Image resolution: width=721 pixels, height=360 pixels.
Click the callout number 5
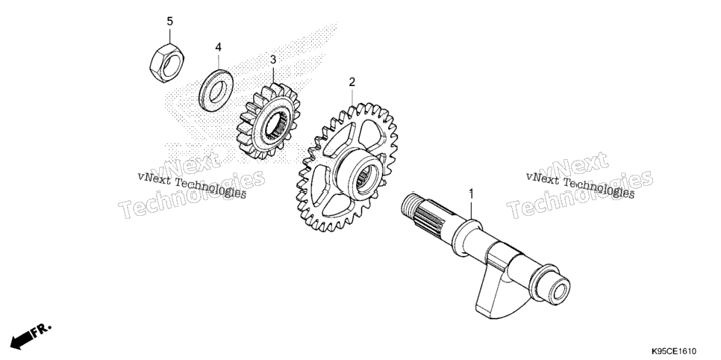[170, 21]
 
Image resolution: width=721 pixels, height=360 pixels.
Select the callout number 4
[219, 47]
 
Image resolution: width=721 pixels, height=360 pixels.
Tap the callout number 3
[273, 60]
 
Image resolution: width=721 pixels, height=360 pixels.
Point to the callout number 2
[352, 82]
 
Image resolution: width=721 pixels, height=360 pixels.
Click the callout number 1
[471, 193]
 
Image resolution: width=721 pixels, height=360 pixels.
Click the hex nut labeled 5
[167, 65]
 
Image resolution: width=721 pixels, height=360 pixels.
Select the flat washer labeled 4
[216, 90]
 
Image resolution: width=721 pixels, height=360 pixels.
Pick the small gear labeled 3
[268, 122]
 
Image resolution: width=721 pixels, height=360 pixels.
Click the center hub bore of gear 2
[366, 176]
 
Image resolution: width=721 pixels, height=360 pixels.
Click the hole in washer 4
[216, 90]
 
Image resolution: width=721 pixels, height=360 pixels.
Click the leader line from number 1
[471, 209]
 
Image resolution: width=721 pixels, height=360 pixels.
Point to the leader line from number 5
[170, 37]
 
